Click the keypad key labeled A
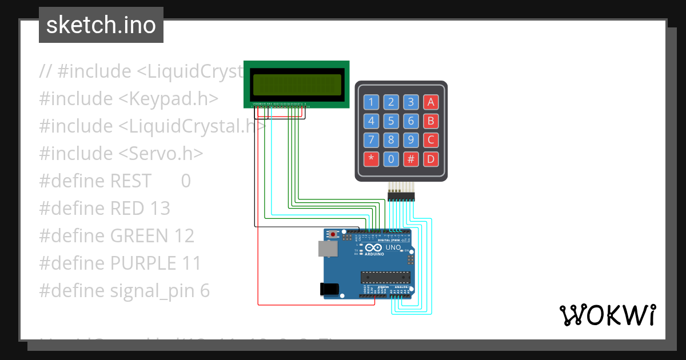(x=430, y=102)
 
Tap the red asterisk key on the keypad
(x=372, y=159)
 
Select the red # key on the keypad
(x=410, y=159)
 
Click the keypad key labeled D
(x=430, y=159)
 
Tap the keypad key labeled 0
(x=391, y=159)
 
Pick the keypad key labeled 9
(x=410, y=140)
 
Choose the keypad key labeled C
(x=430, y=140)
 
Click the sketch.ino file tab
(x=101, y=25)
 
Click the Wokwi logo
(x=607, y=315)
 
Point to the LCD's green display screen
(x=296, y=85)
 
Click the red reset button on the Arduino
(x=334, y=234)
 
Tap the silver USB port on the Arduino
(x=327, y=247)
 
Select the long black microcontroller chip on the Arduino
(x=385, y=278)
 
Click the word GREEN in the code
(x=138, y=235)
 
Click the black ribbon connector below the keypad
(x=402, y=197)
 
